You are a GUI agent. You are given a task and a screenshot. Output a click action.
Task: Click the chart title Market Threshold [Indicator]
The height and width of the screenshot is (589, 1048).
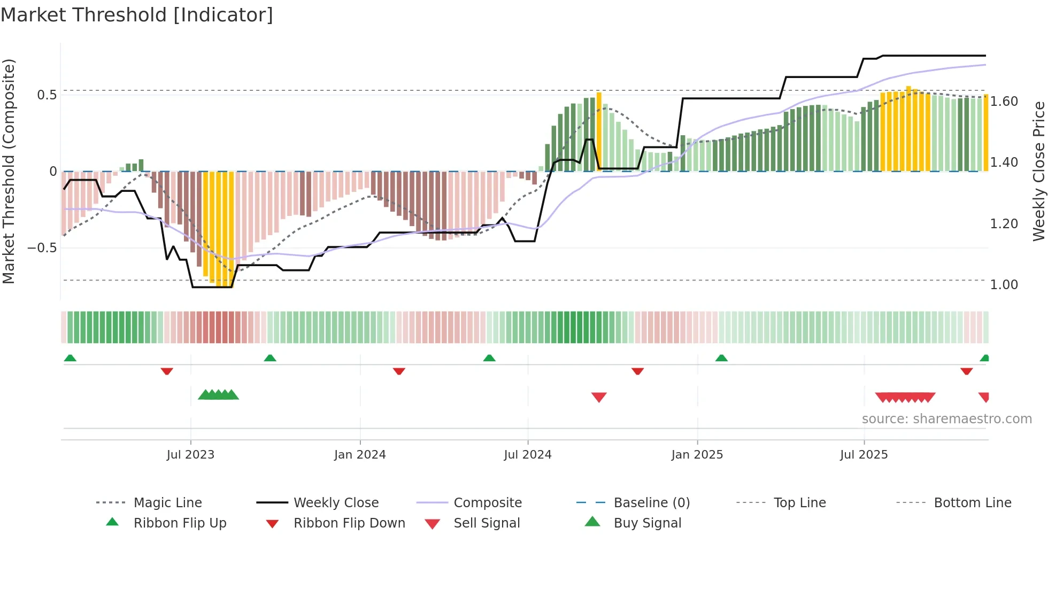point(137,15)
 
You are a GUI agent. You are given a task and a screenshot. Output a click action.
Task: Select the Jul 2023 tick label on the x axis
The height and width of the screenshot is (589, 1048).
point(190,455)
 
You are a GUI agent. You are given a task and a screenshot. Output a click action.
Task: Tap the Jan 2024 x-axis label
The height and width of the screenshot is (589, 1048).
point(360,455)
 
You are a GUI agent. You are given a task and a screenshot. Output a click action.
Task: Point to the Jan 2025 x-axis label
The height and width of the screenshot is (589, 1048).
point(697,455)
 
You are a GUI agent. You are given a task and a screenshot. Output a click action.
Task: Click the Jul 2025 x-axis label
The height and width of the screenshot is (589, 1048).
point(864,455)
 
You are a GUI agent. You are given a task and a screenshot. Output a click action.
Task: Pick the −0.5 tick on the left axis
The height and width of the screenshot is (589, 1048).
point(42,248)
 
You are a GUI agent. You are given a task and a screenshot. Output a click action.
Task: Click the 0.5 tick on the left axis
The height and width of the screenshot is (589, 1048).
point(47,95)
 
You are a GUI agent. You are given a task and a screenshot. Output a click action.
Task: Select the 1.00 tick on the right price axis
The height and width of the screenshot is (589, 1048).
point(1004,285)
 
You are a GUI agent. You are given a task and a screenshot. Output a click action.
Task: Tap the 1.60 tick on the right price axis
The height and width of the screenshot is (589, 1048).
point(1004,102)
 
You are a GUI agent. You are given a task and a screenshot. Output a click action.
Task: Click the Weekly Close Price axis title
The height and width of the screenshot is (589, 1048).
point(1038,171)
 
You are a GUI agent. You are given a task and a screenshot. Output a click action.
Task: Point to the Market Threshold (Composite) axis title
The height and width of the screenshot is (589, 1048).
point(9,171)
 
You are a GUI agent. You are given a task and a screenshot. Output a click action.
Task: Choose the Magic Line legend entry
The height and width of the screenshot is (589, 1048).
point(167,503)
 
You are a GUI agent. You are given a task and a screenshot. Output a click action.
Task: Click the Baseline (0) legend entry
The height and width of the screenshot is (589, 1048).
point(651,503)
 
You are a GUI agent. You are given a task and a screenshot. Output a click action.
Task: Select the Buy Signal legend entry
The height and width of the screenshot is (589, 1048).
point(647,523)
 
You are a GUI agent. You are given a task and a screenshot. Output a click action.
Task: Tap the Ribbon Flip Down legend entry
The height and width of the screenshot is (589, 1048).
point(349,523)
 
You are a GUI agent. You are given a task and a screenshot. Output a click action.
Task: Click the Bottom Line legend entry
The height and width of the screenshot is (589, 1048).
point(972,503)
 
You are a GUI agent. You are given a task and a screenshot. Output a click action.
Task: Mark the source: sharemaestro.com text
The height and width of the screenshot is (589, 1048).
point(946,419)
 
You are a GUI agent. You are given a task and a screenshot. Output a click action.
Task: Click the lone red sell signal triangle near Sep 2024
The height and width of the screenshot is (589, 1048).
point(599,397)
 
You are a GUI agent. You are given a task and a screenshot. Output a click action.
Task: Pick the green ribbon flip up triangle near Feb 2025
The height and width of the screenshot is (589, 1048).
point(721,358)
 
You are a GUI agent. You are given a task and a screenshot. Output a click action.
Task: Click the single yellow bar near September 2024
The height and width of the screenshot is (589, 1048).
point(599,131)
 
